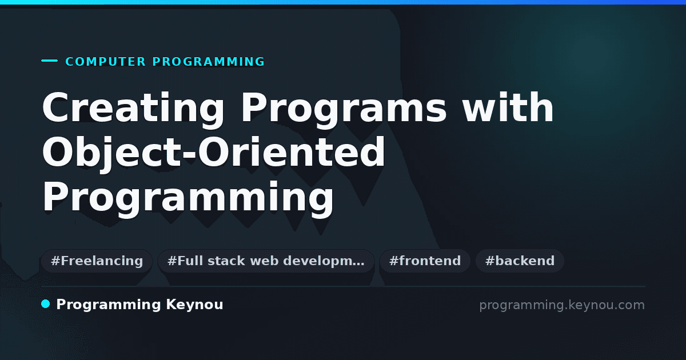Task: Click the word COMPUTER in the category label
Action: click(105, 62)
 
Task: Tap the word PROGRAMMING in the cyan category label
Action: click(208, 62)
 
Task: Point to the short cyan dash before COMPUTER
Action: click(49, 61)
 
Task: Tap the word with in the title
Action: click(508, 107)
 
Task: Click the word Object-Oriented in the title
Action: click(213, 152)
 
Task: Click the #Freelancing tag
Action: click(97, 261)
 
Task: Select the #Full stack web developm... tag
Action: click(266, 261)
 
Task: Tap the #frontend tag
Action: click(425, 261)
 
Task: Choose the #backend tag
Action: click(520, 261)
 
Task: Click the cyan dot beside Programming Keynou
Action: click(46, 304)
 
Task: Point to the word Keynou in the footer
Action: click(194, 305)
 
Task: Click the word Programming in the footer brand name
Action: click(109, 305)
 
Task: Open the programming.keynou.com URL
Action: click(562, 305)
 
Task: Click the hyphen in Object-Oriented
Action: click(190, 154)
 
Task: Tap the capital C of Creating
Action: click(55, 107)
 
